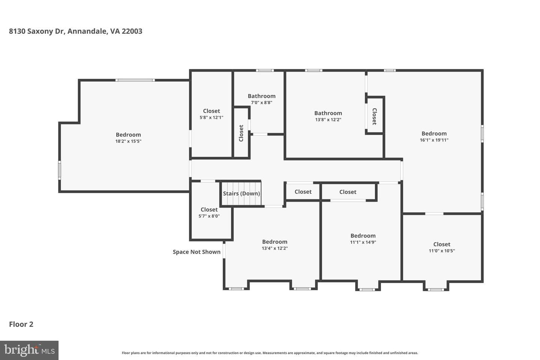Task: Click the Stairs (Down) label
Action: click(x=241, y=193)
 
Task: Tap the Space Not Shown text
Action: click(x=196, y=252)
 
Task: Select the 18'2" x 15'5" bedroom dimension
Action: click(x=128, y=141)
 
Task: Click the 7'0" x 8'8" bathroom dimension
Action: click(x=262, y=102)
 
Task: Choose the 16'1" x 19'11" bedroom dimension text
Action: click(x=434, y=140)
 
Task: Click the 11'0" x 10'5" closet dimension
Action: click(x=442, y=251)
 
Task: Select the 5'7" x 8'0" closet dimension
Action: click(x=209, y=216)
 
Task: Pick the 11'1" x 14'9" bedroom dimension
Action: click(x=363, y=242)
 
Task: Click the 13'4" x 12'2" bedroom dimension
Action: click(x=275, y=248)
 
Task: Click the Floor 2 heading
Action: click(x=21, y=324)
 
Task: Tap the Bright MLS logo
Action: click(x=29, y=350)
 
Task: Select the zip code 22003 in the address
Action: click(x=132, y=31)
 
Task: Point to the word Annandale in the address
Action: click(x=87, y=31)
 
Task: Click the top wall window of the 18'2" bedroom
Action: click(x=135, y=80)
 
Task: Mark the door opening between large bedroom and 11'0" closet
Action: click(x=434, y=214)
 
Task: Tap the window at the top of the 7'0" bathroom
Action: click(x=265, y=70)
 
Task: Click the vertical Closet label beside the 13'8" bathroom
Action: click(x=374, y=117)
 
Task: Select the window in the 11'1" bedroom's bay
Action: click(x=367, y=289)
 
